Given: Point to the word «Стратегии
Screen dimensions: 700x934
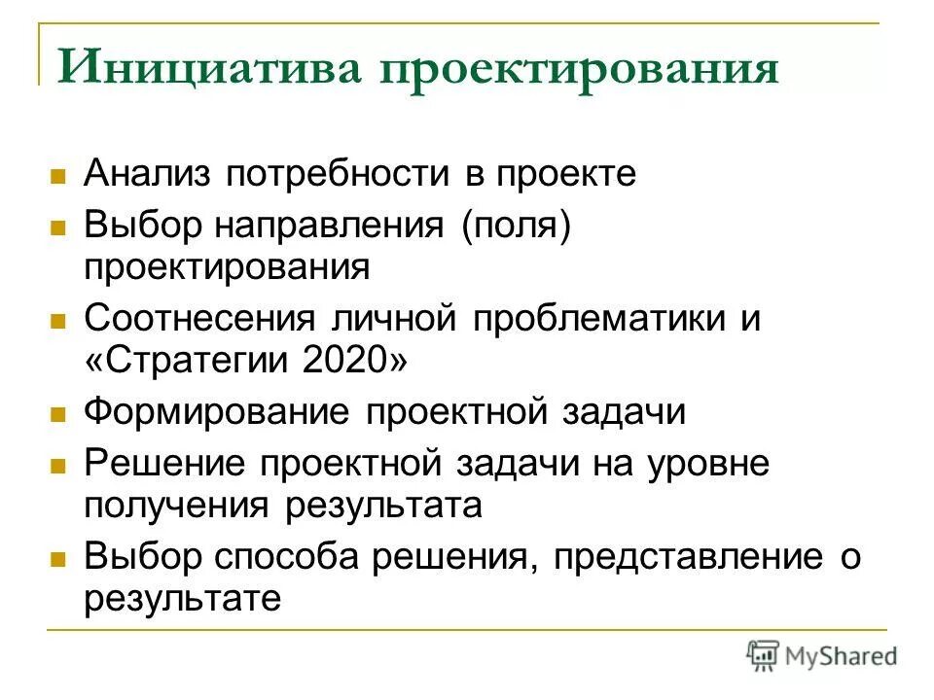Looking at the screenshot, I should pos(188,364).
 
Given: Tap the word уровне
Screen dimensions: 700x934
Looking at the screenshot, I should pos(707,462).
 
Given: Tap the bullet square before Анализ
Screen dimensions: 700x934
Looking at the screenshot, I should pos(57,178).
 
